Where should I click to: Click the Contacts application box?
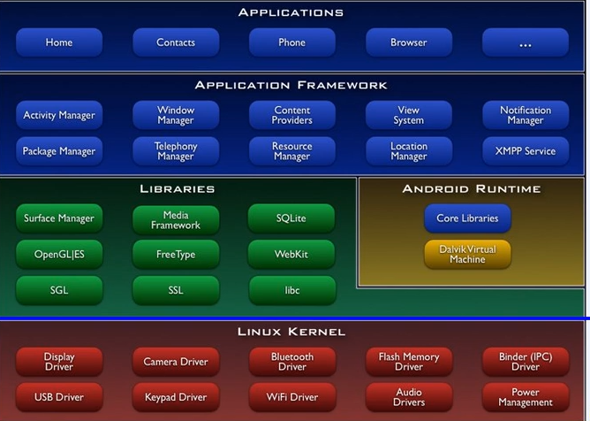(176, 42)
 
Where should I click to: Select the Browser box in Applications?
(408, 42)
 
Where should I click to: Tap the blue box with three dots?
(525, 42)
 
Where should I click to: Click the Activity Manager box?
(59, 115)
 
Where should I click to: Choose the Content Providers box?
(291, 115)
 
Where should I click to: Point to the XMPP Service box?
(525, 151)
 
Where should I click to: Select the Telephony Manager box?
(176, 151)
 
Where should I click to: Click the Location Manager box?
(408, 151)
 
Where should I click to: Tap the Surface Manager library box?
(59, 218)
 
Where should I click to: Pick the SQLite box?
(291, 218)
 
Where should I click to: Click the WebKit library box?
(291, 255)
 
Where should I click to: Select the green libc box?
(291, 290)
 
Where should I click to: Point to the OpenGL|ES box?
(59, 255)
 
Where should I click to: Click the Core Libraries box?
(467, 218)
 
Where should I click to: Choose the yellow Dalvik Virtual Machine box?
(467, 255)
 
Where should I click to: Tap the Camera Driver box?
(176, 361)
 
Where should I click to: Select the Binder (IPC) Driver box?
(525, 361)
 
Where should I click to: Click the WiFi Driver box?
(291, 397)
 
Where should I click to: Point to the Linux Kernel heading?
(291, 332)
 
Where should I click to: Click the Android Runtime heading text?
(472, 188)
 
